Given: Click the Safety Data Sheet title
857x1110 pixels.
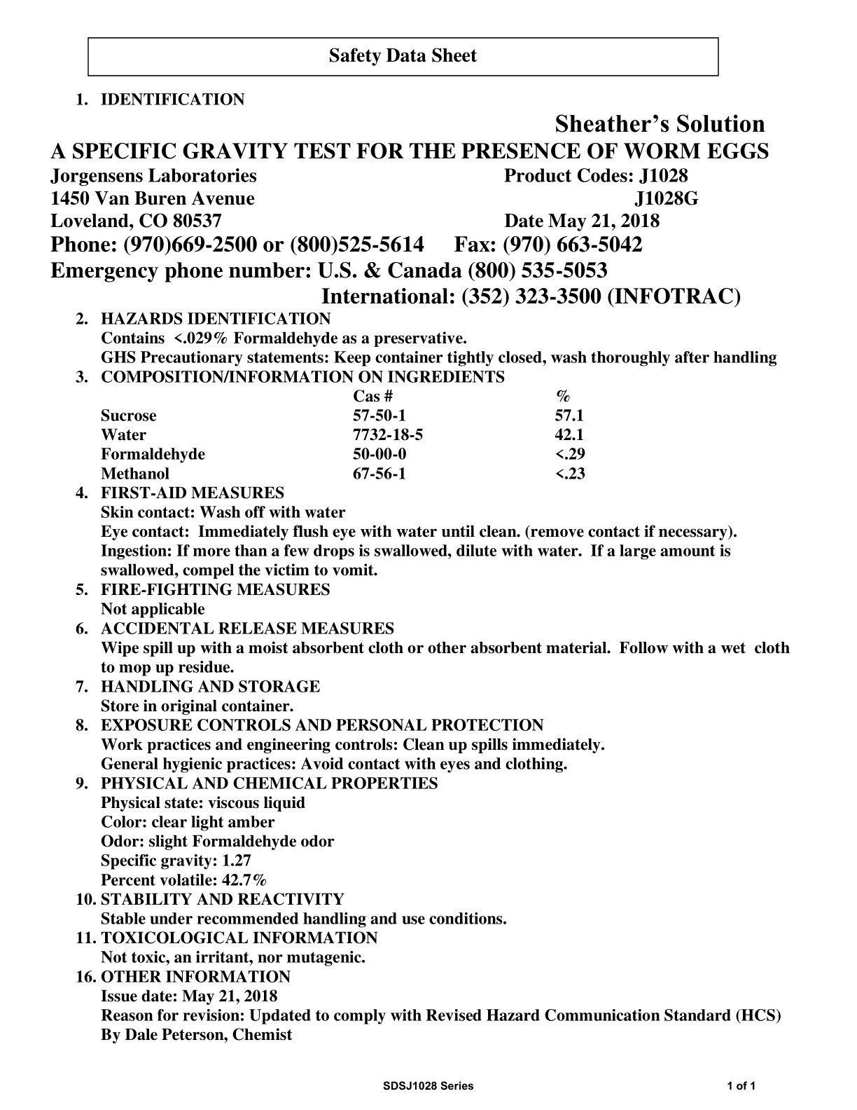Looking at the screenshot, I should [x=403, y=56].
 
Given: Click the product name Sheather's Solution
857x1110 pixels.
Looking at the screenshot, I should [x=660, y=124].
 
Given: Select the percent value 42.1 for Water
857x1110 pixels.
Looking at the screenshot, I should [x=569, y=435].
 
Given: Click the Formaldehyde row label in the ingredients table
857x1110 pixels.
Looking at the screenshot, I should [x=153, y=454].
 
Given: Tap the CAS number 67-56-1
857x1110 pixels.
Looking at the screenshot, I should [x=379, y=474].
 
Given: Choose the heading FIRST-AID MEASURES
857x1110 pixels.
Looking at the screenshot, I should [x=193, y=493].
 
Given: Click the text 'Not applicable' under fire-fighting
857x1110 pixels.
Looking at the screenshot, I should [x=153, y=609].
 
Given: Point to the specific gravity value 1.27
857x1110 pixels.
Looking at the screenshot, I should [x=237, y=861].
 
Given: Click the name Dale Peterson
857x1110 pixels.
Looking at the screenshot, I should [x=174, y=1035].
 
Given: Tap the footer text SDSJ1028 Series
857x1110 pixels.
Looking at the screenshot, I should [x=428, y=1086].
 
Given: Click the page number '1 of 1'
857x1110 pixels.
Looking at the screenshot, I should [x=741, y=1086].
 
